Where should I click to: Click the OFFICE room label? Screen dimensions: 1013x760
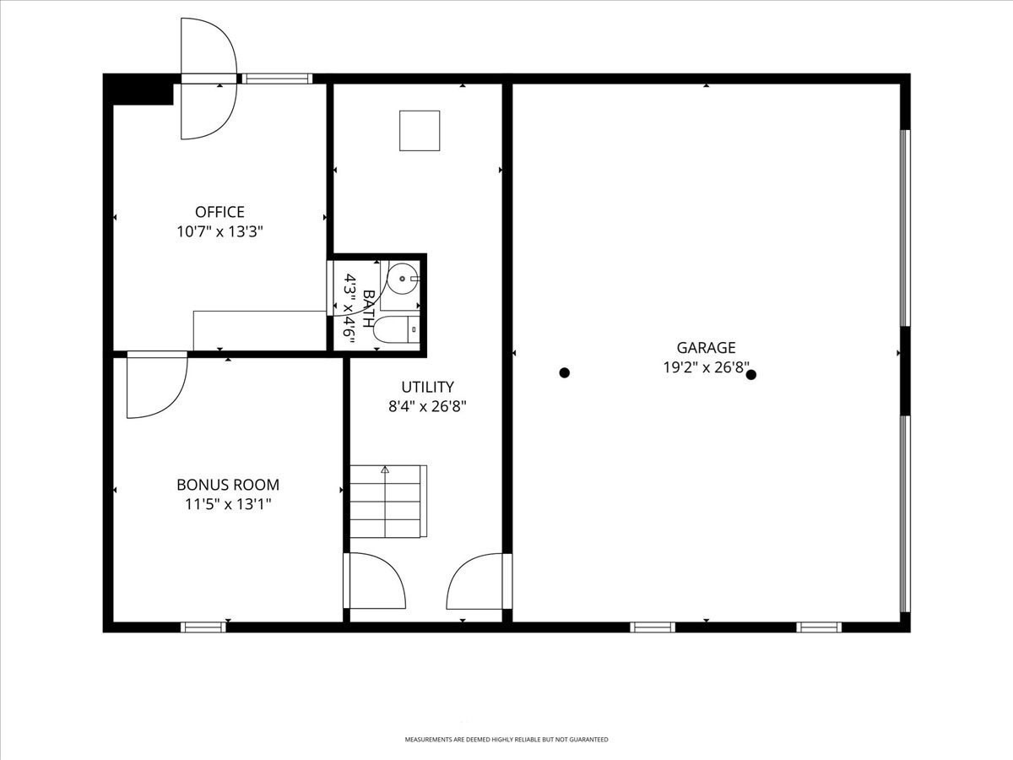tap(219, 212)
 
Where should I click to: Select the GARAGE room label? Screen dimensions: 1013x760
tap(706, 347)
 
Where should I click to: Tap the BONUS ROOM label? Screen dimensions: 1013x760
tap(228, 485)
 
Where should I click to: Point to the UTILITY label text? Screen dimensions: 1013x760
tap(427, 387)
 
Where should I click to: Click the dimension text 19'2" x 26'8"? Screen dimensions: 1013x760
tap(706, 367)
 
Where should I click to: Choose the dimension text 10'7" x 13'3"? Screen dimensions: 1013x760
tap(219, 231)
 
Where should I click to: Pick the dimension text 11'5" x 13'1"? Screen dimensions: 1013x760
tap(228, 504)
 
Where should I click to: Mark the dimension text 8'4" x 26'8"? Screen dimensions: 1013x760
tap(427, 406)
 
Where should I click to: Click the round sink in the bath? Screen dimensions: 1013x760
tap(403, 279)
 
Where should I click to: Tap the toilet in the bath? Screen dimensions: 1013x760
tap(397, 330)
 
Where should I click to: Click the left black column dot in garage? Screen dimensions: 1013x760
tap(565, 373)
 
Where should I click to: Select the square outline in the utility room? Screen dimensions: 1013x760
tap(420, 131)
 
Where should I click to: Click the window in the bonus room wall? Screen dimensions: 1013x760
tap(203, 627)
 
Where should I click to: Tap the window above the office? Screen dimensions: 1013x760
tap(278, 79)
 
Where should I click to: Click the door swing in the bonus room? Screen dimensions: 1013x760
tap(157, 385)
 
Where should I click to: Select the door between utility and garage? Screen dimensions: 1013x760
tap(479, 581)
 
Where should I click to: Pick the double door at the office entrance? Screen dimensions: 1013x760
tap(209, 79)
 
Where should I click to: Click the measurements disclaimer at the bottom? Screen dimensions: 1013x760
tap(506, 714)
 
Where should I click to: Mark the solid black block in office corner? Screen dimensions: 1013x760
tap(138, 90)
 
